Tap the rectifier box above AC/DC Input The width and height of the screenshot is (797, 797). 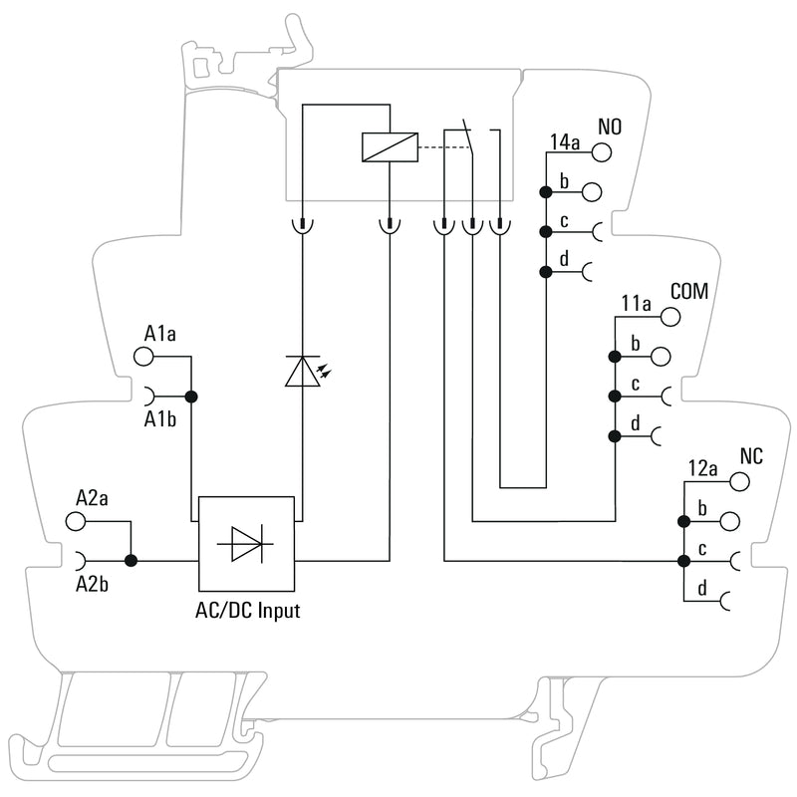247,544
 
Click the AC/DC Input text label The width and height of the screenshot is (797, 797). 247,610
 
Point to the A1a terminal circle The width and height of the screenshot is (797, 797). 143,356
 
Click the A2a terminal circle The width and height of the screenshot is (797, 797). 76,520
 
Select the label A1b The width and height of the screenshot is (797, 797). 159,418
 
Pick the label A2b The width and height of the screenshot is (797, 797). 92,584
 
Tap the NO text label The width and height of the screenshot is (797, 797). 609,129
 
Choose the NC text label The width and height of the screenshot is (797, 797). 751,456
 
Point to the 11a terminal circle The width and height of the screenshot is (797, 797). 669,316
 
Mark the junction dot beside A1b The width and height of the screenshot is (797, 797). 191,397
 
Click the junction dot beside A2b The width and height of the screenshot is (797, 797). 130,561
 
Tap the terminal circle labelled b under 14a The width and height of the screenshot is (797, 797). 592,190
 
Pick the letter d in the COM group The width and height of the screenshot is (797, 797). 634,424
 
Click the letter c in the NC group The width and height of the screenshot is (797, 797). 702,549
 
